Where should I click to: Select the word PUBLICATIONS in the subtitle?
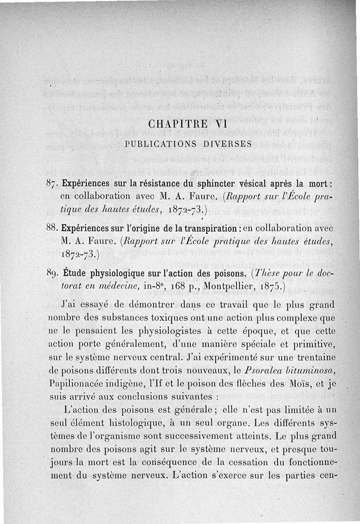pyautogui.click(x=160, y=144)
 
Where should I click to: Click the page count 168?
pyautogui.click(x=178, y=286)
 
